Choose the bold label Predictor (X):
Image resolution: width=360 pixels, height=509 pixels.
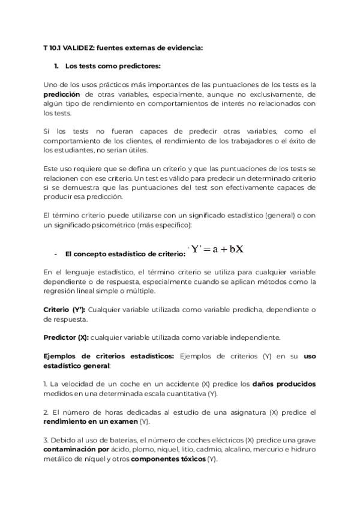[66, 337]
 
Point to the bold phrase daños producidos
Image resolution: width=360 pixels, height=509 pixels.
[284, 383]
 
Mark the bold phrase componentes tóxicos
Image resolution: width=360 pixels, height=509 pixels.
[167, 459]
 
